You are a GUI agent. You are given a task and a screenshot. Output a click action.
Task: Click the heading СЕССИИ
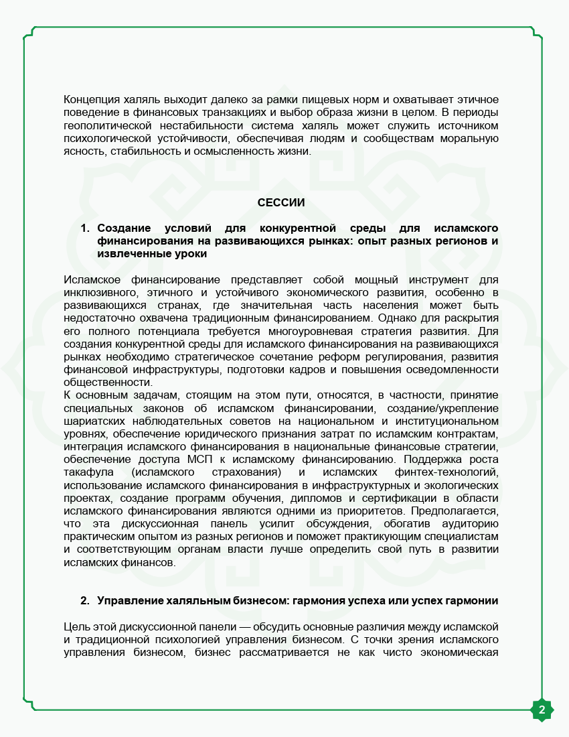click(x=281, y=202)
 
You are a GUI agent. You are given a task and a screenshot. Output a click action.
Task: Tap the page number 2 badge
click(x=542, y=710)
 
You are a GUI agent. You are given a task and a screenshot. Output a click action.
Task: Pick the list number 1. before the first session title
click(x=85, y=228)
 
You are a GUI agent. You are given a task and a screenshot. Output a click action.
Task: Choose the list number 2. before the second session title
click(x=85, y=600)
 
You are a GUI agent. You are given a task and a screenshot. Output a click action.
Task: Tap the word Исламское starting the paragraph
click(x=92, y=279)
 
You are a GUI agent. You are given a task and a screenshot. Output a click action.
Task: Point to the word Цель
click(x=77, y=626)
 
